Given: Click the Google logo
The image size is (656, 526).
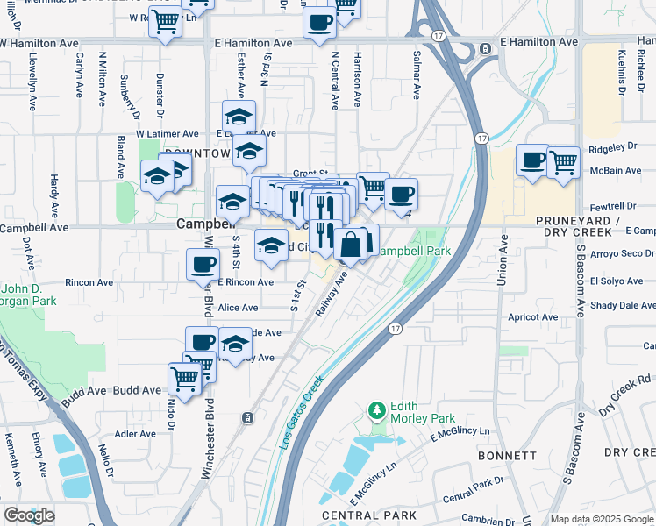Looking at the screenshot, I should [29, 515].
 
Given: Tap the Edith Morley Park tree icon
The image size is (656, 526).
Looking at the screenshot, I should [377, 410].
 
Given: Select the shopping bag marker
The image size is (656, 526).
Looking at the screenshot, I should [351, 245].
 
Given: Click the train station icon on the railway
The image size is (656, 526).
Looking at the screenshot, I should [249, 417].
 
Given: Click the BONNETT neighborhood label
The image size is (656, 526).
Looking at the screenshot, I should [507, 456].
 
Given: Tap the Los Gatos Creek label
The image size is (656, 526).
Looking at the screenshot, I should [303, 413].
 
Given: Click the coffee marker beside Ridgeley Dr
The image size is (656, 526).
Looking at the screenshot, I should [532, 161].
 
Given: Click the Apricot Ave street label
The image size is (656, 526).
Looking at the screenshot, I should [538, 317].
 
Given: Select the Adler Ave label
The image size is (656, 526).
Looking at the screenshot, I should [135, 433].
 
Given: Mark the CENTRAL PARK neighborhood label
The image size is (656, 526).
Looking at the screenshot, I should [357, 515].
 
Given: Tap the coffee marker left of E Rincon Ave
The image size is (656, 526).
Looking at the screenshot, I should [203, 264].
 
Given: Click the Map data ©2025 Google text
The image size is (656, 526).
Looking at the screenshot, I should [602, 519].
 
